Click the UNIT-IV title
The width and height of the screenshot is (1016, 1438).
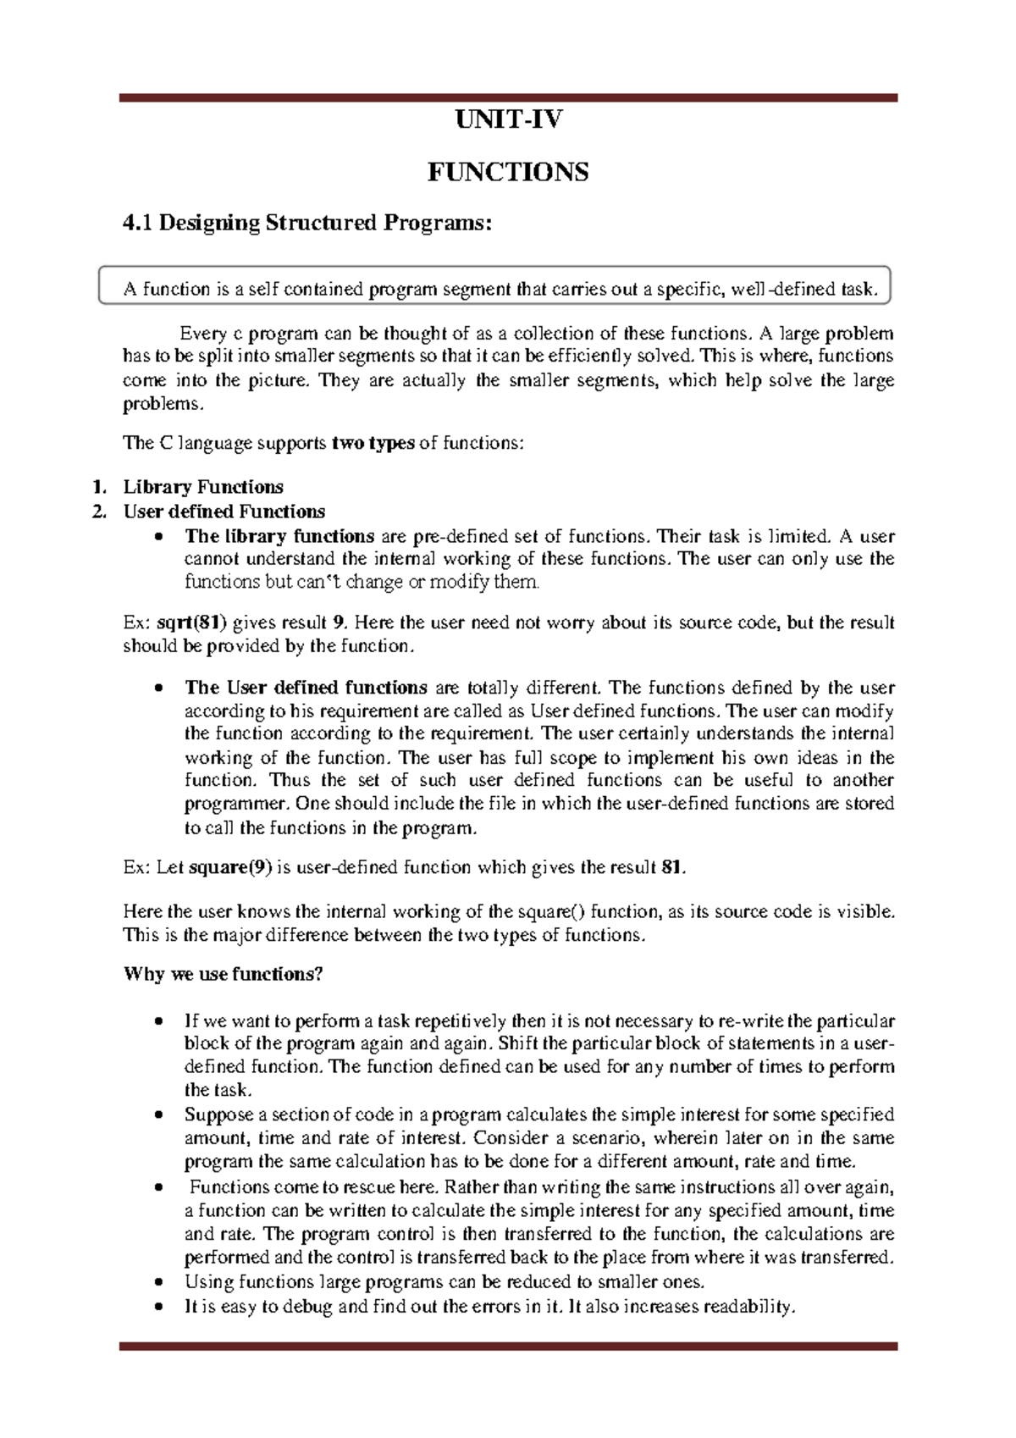(x=508, y=120)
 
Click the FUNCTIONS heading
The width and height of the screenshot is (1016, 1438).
(x=508, y=173)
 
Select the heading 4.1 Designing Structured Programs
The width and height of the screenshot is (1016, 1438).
(x=306, y=223)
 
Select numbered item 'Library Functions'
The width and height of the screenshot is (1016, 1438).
(x=203, y=487)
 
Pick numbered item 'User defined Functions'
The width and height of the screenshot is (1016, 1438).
(x=224, y=512)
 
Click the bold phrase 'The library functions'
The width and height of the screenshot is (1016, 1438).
(x=279, y=536)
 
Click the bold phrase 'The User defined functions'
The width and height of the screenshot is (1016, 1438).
(x=306, y=688)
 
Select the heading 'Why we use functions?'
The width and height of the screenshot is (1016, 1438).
(x=224, y=974)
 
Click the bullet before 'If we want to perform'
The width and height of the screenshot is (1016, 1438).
(x=158, y=1021)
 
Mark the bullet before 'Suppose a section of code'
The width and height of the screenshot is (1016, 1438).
(x=158, y=1115)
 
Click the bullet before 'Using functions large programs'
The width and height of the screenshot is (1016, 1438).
(x=158, y=1282)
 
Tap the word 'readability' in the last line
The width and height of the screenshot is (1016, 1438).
(x=749, y=1307)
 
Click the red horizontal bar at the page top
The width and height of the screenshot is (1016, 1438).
(x=508, y=98)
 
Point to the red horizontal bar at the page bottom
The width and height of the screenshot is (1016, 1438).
(x=508, y=1346)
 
